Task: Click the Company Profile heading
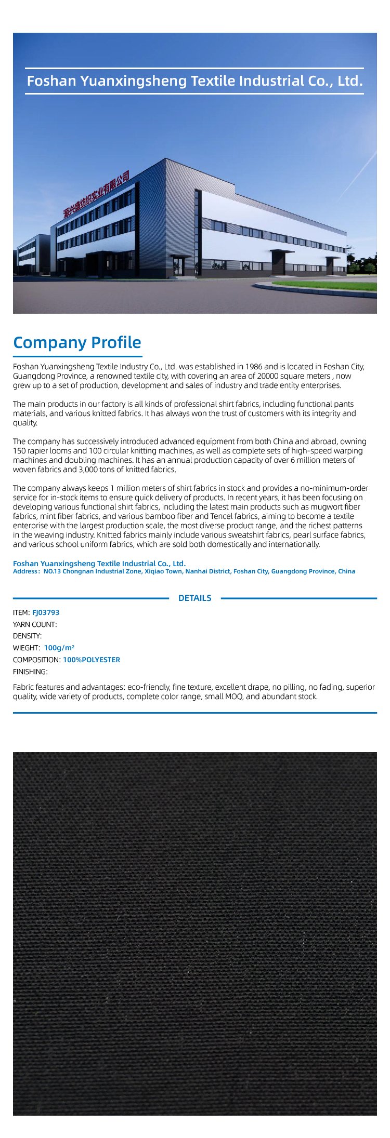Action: click(77, 342)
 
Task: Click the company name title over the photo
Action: click(194, 81)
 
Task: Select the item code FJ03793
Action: click(46, 612)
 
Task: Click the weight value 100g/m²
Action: click(59, 648)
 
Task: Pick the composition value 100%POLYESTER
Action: click(92, 660)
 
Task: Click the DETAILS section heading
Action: click(194, 598)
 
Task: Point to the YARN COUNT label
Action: click(35, 624)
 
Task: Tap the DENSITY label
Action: click(27, 636)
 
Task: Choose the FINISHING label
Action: click(30, 672)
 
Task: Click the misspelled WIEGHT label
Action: click(26, 648)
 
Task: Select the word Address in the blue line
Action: click(25, 571)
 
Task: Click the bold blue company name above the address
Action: click(99, 564)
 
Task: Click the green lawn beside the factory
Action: click(333, 285)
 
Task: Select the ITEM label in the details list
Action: click(21, 612)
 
